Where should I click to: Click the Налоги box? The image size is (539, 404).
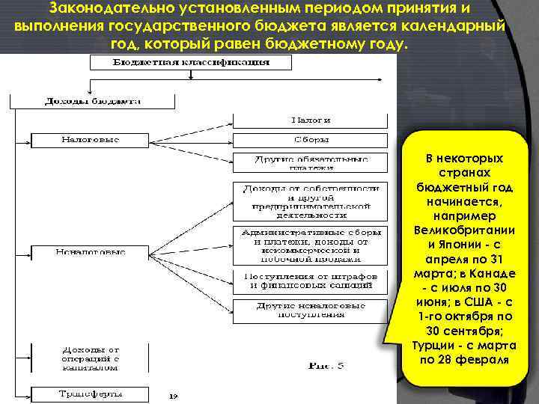(x=311, y=120)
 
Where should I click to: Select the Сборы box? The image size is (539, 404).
(x=311, y=140)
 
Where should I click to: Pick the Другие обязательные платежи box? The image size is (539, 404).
(x=311, y=163)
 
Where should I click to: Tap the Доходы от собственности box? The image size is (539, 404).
(x=311, y=201)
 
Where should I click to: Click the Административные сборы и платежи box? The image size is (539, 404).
(x=311, y=245)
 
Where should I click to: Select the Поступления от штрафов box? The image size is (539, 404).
(x=311, y=281)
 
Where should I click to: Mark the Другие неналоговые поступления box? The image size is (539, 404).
(x=311, y=310)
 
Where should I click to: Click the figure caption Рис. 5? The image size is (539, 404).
(x=325, y=366)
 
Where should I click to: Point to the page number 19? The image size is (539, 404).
(x=172, y=395)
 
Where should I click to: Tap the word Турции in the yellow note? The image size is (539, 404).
(x=430, y=345)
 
